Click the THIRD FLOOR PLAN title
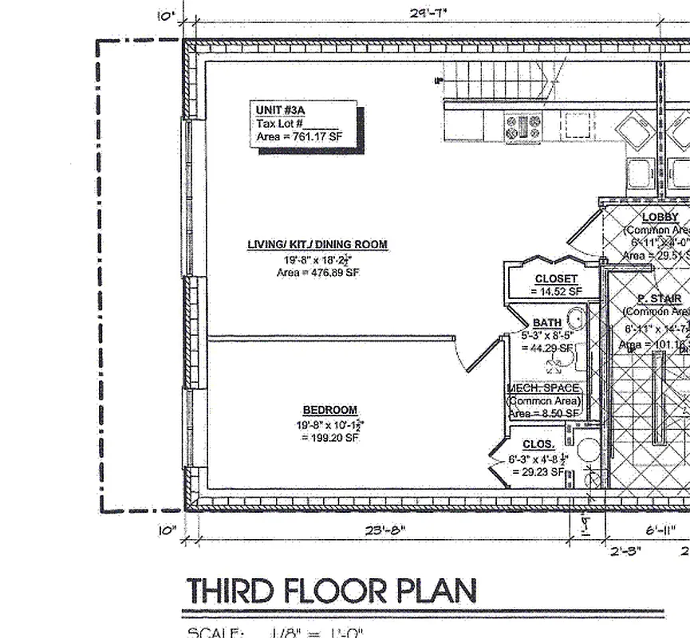click(331, 591)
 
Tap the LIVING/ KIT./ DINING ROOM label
click(317, 245)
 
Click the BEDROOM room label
click(329, 410)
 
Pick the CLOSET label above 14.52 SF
click(556, 279)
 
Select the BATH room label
click(546, 323)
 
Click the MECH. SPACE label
click(544, 388)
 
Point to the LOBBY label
click(660, 217)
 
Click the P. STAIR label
click(659, 298)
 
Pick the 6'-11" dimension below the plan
click(661, 530)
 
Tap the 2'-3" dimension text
click(625, 550)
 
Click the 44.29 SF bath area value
click(547, 349)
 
